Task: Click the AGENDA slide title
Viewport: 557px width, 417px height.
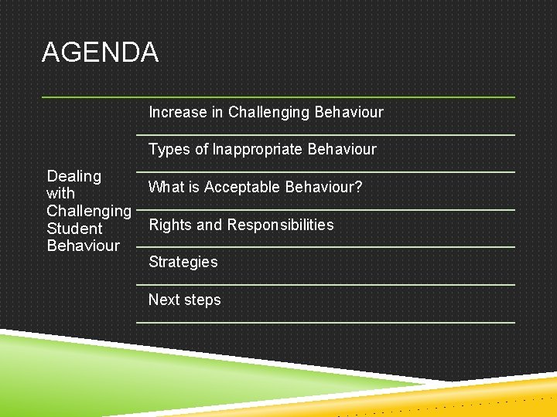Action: pyautogui.click(x=100, y=53)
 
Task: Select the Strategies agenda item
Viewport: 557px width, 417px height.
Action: pyautogui.click(x=183, y=263)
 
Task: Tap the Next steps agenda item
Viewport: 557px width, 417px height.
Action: pyautogui.click(x=184, y=300)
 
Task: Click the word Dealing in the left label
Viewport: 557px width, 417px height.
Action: pyautogui.click(x=73, y=177)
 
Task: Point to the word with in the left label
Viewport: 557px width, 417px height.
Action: pyautogui.click(x=60, y=194)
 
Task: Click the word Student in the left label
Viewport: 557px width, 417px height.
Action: pyautogui.click(x=74, y=229)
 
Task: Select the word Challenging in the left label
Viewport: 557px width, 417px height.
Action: pyautogui.click(x=88, y=211)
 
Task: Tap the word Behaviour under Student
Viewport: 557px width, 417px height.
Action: pyautogui.click(x=83, y=246)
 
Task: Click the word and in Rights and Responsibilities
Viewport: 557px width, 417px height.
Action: pyautogui.click(x=208, y=225)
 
